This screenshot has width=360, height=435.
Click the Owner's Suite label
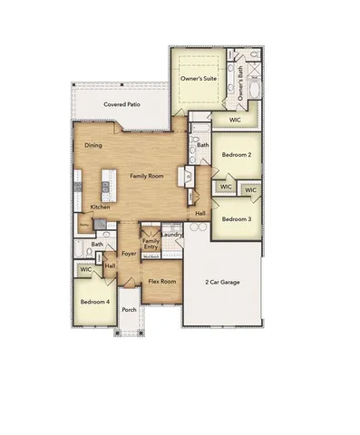pyautogui.click(x=198, y=80)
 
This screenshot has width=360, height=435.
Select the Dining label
pyautogui.click(x=93, y=145)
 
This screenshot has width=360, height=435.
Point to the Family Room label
pyautogui.click(x=146, y=175)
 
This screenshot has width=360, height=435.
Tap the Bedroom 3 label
pyautogui.click(x=237, y=219)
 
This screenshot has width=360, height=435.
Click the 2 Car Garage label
pyautogui.click(x=222, y=283)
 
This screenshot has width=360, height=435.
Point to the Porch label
pyautogui.click(x=129, y=309)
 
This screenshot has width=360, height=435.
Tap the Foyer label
pyautogui.click(x=129, y=254)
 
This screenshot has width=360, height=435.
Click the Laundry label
pyautogui.click(x=172, y=236)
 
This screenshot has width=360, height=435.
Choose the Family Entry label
pyautogui.click(x=151, y=244)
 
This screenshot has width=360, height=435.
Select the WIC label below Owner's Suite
pyautogui.click(x=234, y=119)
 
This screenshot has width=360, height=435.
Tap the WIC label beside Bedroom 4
pyautogui.click(x=86, y=270)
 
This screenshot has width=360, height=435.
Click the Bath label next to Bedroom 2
pyautogui.click(x=203, y=145)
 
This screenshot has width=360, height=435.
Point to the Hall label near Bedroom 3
pyautogui.click(x=200, y=214)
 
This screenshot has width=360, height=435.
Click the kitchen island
pyautogui.click(x=106, y=186)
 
